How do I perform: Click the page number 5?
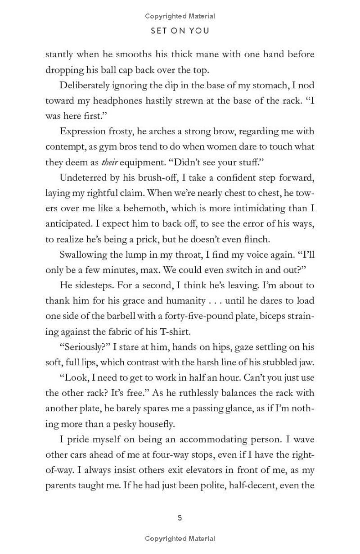point(180,518)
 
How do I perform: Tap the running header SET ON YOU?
point(180,32)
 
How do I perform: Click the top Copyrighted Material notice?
point(180,16)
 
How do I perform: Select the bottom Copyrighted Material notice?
point(180,538)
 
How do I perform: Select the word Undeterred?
point(81,177)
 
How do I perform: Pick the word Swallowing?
point(84,254)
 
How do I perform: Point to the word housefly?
point(152,424)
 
